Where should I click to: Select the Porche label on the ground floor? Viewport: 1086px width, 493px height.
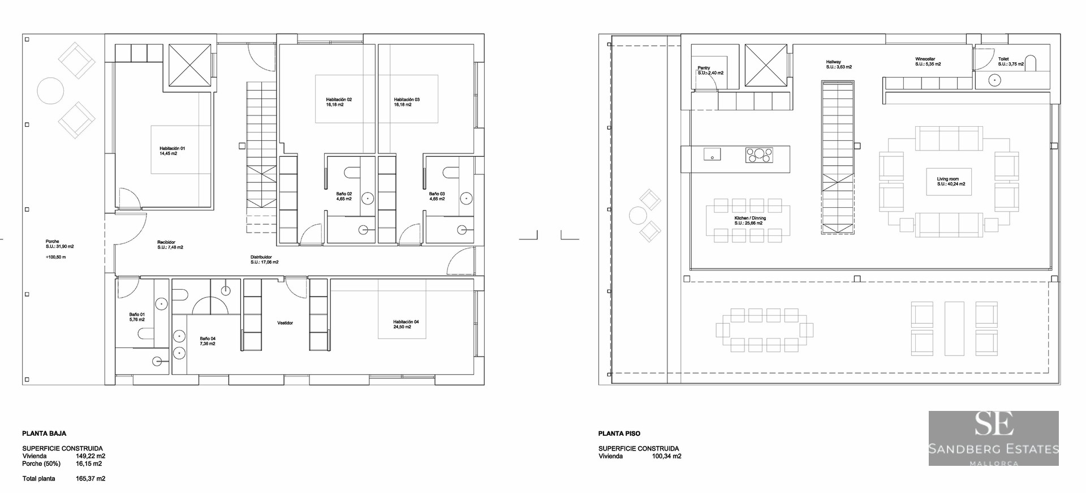(x=53, y=242)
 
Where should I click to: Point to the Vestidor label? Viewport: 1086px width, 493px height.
(x=285, y=323)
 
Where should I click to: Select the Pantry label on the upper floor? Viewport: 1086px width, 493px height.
(x=704, y=68)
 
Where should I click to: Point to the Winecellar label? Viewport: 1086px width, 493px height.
(x=925, y=59)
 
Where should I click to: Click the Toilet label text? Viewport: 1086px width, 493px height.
(x=1003, y=59)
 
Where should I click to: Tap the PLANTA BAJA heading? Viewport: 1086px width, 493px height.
(x=44, y=434)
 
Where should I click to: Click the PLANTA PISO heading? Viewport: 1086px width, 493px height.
(x=619, y=434)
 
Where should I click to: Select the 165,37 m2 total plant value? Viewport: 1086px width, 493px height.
(x=90, y=479)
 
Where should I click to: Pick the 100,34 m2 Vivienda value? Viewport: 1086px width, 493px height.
(x=666, y=456)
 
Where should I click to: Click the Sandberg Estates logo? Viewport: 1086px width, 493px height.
(x=993, y=438)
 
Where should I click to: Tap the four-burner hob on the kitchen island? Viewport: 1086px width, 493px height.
(x=759, y=155)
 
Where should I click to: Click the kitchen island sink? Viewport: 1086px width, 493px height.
(x=712, y=154)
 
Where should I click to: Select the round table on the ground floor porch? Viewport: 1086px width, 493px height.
(x=50, y=91)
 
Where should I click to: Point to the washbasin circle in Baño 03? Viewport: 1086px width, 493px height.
(x=466, y=199)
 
